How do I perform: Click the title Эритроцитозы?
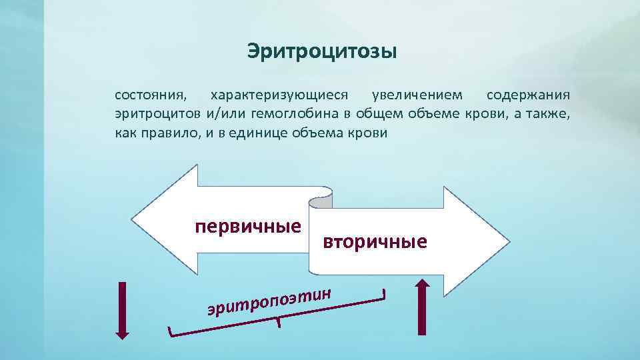[x=322, y=51]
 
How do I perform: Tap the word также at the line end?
[x=549, y=113]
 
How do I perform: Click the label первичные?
[x=247, y=227]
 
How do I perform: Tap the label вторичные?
[x=375, y=241]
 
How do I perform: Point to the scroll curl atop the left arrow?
[x=324, y=193]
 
